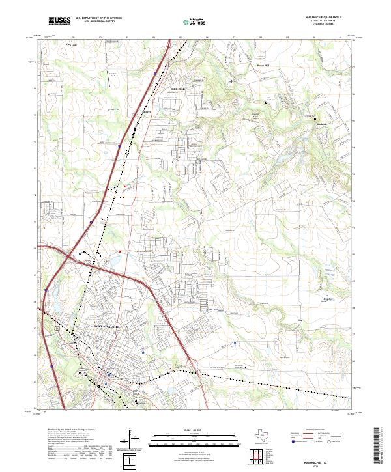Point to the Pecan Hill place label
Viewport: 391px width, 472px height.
263,66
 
